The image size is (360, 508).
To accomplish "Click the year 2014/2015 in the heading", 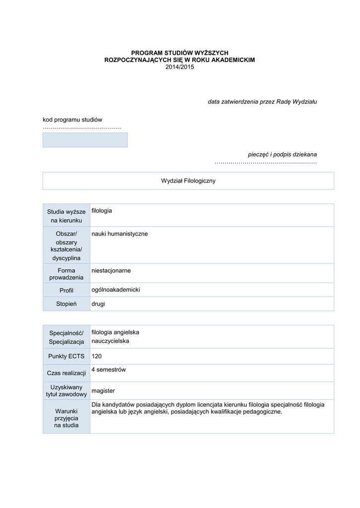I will pyautogui.click(x=179, y=67).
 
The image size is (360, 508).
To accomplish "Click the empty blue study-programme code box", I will pyautogui.click(x=85, y=140).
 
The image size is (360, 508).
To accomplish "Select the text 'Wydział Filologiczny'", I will pyautogui.click(x=188, y=181).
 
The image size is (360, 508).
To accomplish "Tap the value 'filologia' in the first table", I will pyautogui.click(x=102, y=211).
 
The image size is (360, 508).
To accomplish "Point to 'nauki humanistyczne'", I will pyautogui.click(x=120, y=234).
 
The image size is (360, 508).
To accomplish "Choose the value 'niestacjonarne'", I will pyautogui.click(x=111, y=270).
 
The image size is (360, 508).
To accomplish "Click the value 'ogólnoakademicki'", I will pyautogui.click(x=116, y=290).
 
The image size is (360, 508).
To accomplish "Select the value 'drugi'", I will pyautogui.click(x=98, y=304).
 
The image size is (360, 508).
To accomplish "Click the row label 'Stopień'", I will pyautogui.click(x=66, y=304).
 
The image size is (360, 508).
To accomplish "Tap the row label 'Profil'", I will pyautogui.click(x=66, y=290).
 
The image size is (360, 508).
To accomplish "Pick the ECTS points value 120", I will pyautogui.click(x=97, y=356).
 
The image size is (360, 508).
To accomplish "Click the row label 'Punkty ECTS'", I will pyautogui.click(x=66, y=356).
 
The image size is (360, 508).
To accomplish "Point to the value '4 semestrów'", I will pyautogui.click(x=109, y=370).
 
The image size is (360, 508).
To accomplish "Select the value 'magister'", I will pyautogui.click(x=103, y=391).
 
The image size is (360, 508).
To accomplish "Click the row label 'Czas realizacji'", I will pyautogui.click(x=66, y=373).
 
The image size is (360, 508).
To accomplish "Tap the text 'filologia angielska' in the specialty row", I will pyautogui.click(x=115, y=332).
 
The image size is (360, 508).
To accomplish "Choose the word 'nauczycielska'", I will pyautogui.click(x=110, y=341).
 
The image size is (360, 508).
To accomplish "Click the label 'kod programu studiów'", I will pyautogui.click(x=72, y=120).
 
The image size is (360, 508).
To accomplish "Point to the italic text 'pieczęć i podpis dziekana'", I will pyautogui.click(x=283, y=154).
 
